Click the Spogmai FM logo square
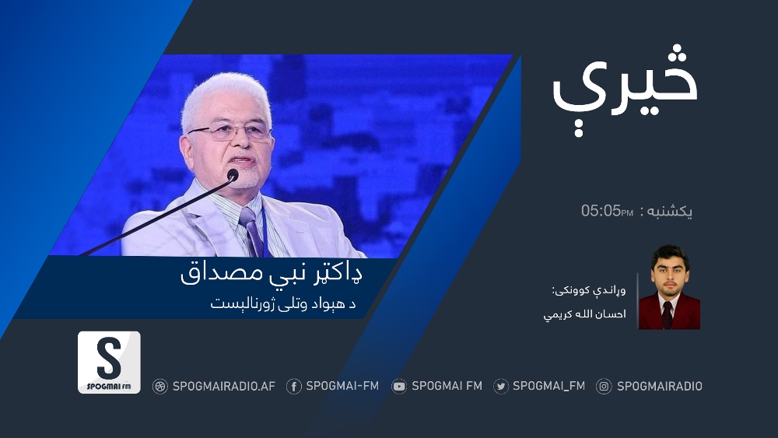(109, 362)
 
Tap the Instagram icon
(604, 387)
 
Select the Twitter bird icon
(500, 387)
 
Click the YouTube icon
(399, 387)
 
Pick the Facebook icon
(294, 387)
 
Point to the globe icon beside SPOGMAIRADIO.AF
(159, 387)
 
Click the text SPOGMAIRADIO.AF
(224, 387)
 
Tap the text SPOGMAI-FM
(342, 386)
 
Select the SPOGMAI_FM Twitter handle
(548, 386)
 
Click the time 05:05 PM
(607, 210)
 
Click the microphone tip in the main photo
(233, 174)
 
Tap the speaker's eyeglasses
(230, 131)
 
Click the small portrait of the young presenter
(669, 287)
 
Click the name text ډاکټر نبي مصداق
(272, 274)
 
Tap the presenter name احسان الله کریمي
(584, 314)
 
